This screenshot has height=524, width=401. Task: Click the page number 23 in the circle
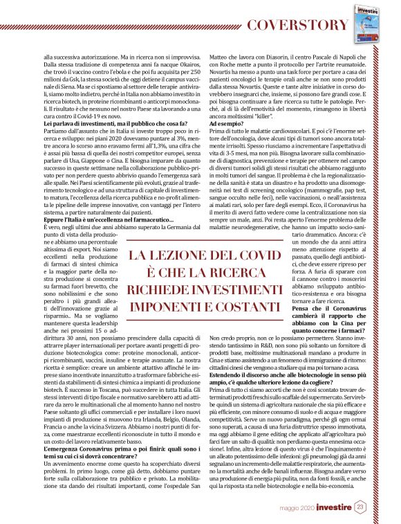pos(361,508)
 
